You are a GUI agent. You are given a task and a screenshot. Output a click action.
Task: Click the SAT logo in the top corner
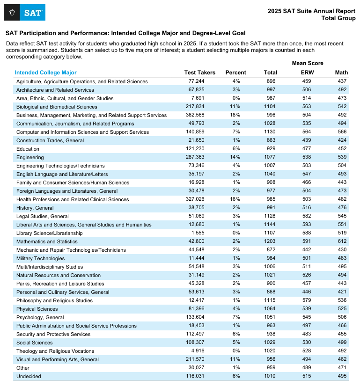[24, 12]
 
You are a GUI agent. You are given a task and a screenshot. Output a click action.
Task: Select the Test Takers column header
[200, 73]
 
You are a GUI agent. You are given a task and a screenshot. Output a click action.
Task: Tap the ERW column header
[307, 73]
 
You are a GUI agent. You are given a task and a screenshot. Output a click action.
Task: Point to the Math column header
[341, 73]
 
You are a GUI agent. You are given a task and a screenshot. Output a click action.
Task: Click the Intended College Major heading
[45, 73]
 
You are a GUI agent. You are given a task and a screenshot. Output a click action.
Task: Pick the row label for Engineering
[30, 157]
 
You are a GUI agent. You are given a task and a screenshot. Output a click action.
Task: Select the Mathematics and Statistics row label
[47, 241]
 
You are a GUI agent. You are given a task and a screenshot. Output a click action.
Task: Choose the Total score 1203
[271, 241]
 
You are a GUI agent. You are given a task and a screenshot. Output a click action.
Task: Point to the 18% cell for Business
[235, 115]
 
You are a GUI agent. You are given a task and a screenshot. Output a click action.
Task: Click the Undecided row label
[29, 376]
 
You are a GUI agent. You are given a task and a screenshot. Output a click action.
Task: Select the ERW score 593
[307, 225]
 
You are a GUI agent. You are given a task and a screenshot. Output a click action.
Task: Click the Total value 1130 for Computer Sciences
[271, 132]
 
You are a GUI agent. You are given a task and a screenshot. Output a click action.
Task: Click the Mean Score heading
[308, 63]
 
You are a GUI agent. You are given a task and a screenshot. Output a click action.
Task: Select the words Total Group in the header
[338, 18]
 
